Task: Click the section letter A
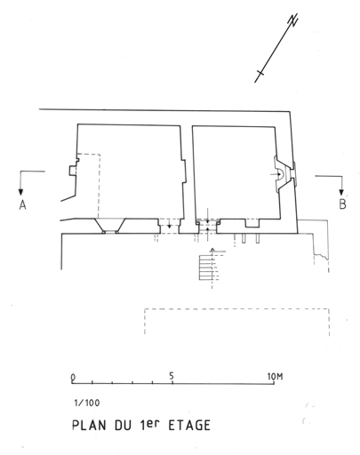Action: [22, 205]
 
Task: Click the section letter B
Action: [342, 204]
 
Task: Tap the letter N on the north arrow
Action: [293, 20]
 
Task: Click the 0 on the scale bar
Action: [73, 378]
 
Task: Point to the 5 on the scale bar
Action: [172, 376]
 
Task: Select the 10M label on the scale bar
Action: [276, 377]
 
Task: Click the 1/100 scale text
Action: [87, 403]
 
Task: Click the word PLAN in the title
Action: [89, 425]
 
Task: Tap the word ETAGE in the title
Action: [189, 426]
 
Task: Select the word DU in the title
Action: [123, 426]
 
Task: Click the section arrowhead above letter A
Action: [20, 192]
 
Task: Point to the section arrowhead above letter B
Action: [342, 192]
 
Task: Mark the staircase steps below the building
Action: [206, 267]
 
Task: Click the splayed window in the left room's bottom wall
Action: [110, 226]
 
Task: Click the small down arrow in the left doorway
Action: [169, 224]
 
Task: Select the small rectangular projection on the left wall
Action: [73, 171]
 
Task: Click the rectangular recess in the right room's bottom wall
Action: [252, 223]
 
